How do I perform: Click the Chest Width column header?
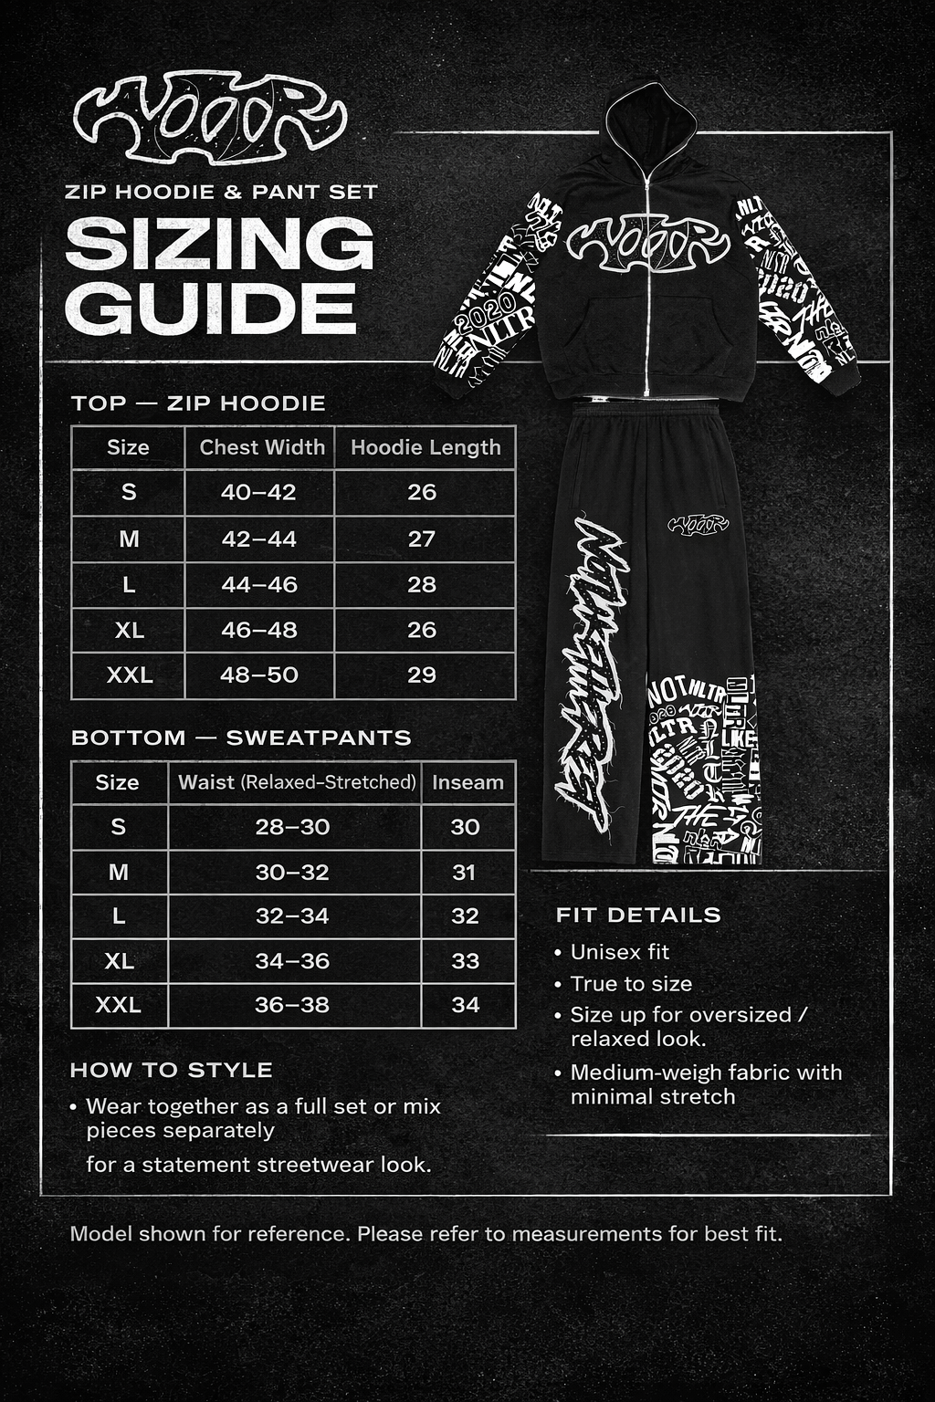point(262,447)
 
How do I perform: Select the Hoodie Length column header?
point(425,447)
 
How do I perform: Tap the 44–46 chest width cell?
point(259,584)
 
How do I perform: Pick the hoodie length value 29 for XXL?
point(422,675)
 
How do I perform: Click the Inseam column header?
point(467,782)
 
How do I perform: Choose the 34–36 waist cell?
point(292,961)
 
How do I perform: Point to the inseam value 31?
point(465,873)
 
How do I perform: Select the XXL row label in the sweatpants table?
point(119,1005)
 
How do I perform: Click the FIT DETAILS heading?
point(638,915)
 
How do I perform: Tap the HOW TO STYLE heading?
point(172,1070)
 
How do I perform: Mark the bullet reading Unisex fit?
point(619,952)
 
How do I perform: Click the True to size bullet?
point(630,984)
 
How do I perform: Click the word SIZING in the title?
point(220,244)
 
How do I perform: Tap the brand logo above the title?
point(210,118)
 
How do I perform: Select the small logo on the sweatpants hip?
point(699,524)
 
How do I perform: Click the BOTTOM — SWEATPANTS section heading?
point(241,738)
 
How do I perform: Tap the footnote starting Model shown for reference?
point(425,1234)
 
